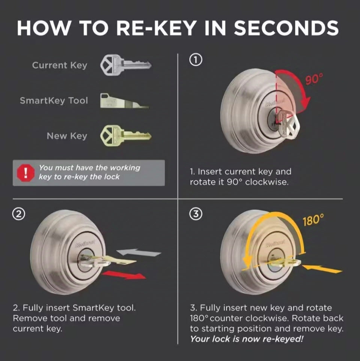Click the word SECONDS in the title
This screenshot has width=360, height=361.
point(286,28)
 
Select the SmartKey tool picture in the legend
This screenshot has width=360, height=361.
point(124,101)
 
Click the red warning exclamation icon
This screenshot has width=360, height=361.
point(26,173)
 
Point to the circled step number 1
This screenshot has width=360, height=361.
point(196,60)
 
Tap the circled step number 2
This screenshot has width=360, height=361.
point(19,214)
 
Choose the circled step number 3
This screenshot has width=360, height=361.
point(196,214)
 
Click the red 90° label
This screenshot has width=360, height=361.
point(314,78)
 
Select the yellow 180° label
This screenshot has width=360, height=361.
point(313,220)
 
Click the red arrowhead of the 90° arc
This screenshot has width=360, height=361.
point(306,102)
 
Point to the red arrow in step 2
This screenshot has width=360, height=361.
point(124,275)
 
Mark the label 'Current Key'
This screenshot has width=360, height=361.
point(60,65)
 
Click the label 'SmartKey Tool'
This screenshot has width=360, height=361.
point(54,101)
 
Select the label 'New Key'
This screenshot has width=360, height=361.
point(67,136)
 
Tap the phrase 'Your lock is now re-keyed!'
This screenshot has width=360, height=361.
point(247,339)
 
